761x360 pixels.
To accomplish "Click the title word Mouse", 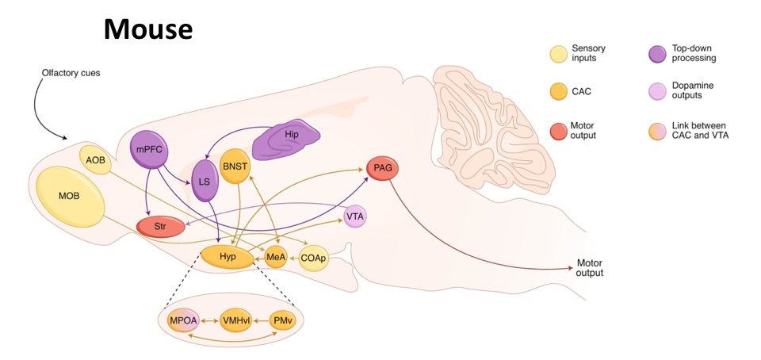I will pyautogui.click(x=148, y=30).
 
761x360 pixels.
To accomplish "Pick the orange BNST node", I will pyautogui.click(x=235, y=167).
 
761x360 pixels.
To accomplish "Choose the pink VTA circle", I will pyautogui.click(x=356, y=216).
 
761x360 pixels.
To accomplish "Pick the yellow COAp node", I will pyautogui.click(x=314, y=259).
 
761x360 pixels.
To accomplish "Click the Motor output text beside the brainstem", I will pyautogui.click(x=590, y=268).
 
